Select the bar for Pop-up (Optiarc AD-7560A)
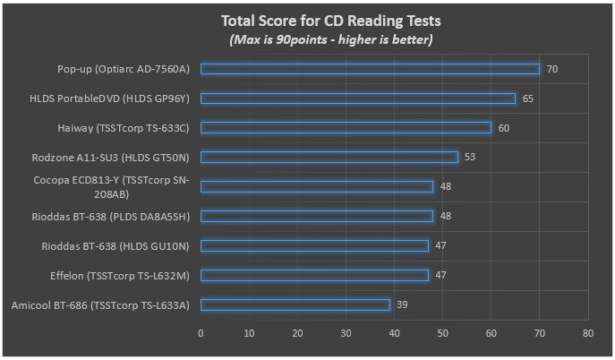point(370,68)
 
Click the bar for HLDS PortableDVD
point(358,98)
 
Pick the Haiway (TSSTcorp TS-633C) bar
point(346,127)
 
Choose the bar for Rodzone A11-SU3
point(329,157)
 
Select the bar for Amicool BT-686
point(295,304)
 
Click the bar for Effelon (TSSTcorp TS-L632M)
point(314,275)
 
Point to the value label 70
point(552,68)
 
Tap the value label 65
point(528,98)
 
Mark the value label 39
point(402,304)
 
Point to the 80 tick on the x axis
point(587,333)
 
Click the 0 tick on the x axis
point(201,333)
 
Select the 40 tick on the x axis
point(394,333)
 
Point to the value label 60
point(504,127)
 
